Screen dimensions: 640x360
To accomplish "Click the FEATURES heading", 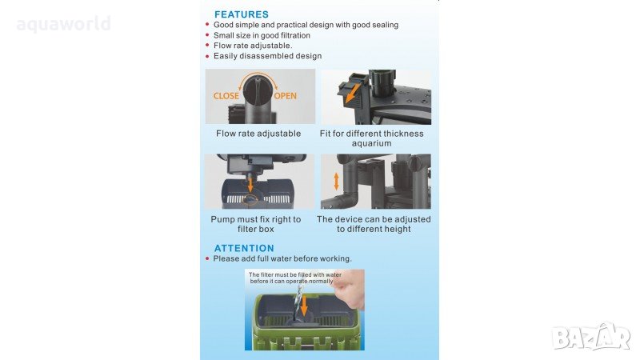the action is tap(242, 14).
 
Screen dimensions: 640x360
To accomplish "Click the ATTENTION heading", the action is tap(244, 248).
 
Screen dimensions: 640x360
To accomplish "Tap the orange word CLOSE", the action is tap(226, 96).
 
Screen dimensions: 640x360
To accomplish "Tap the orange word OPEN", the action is tap(286, 96).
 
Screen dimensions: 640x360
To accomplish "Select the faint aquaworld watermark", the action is tap(64, 24).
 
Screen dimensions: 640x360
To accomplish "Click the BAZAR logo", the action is tap(591, 338).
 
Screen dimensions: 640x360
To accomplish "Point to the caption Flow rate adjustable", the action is tap(258, 134).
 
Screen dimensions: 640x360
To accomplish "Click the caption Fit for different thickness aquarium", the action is tap(371, 138).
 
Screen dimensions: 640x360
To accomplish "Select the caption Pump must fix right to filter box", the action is tap(256, 224).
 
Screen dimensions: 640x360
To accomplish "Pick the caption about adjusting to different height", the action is tap(374, 224).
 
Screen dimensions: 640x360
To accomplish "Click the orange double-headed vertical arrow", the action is tap(336, 182).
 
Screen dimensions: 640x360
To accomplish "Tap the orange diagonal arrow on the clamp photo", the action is tap(352, 94).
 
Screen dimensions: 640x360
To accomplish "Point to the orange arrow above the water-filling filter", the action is tap(304, 306).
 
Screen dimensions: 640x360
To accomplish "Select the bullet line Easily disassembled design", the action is tap(267, 56).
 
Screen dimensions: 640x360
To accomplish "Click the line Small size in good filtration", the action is tap(262, 35).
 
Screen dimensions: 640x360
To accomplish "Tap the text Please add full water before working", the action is tap(282, 258).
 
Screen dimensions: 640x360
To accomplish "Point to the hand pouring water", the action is tap(349, 289).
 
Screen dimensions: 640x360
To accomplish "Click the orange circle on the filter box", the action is tap(250, 200).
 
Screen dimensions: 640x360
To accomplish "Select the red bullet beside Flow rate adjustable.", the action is tap(207, 46).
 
